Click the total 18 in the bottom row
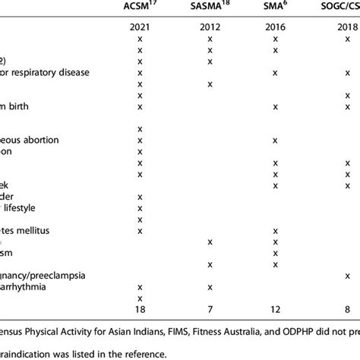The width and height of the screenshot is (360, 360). click(140, 310)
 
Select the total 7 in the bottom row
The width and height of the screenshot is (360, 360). click(209, 310)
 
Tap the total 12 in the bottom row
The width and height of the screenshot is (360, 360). click(274, 310)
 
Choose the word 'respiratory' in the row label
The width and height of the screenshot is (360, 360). click(51, 72)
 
